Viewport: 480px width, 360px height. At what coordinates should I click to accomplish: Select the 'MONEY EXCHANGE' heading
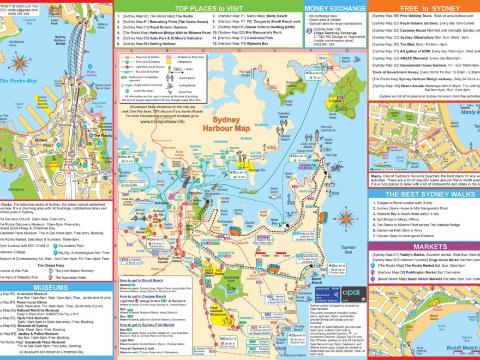click(335, 8)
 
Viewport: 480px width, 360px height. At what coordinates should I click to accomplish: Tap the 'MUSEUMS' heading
click(50, 287)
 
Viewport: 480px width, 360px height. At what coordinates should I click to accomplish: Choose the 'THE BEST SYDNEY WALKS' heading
click(424, 194)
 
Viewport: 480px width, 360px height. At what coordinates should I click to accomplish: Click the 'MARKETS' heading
click(423, 247)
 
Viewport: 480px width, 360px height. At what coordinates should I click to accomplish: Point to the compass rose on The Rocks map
click(20, 63)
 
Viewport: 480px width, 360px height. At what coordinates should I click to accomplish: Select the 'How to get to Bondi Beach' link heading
click(143, 280)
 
